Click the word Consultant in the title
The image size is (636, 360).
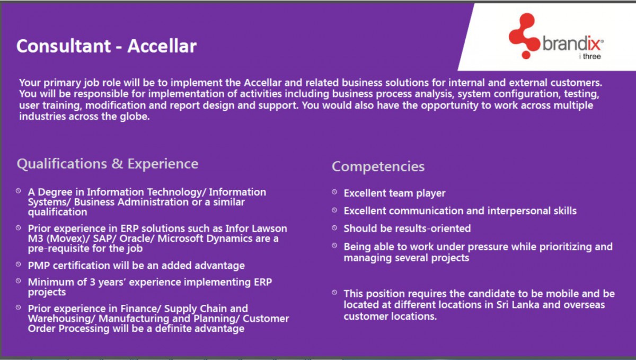coord(64,46)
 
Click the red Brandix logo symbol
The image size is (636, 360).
coord(524,36)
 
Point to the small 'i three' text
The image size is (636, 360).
coord(590,56)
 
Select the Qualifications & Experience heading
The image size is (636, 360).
coord(108,164)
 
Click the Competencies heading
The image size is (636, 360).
coord(378,166)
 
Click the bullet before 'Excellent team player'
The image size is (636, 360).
coord(334,192)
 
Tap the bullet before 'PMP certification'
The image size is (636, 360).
coord(19,265)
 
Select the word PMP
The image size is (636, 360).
coord(39,266)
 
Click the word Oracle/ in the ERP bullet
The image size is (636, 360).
coord(137,239)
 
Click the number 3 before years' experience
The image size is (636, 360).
coord(93,282)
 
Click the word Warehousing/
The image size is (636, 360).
coord(61,319)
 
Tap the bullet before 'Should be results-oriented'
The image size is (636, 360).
coord(334,227)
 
